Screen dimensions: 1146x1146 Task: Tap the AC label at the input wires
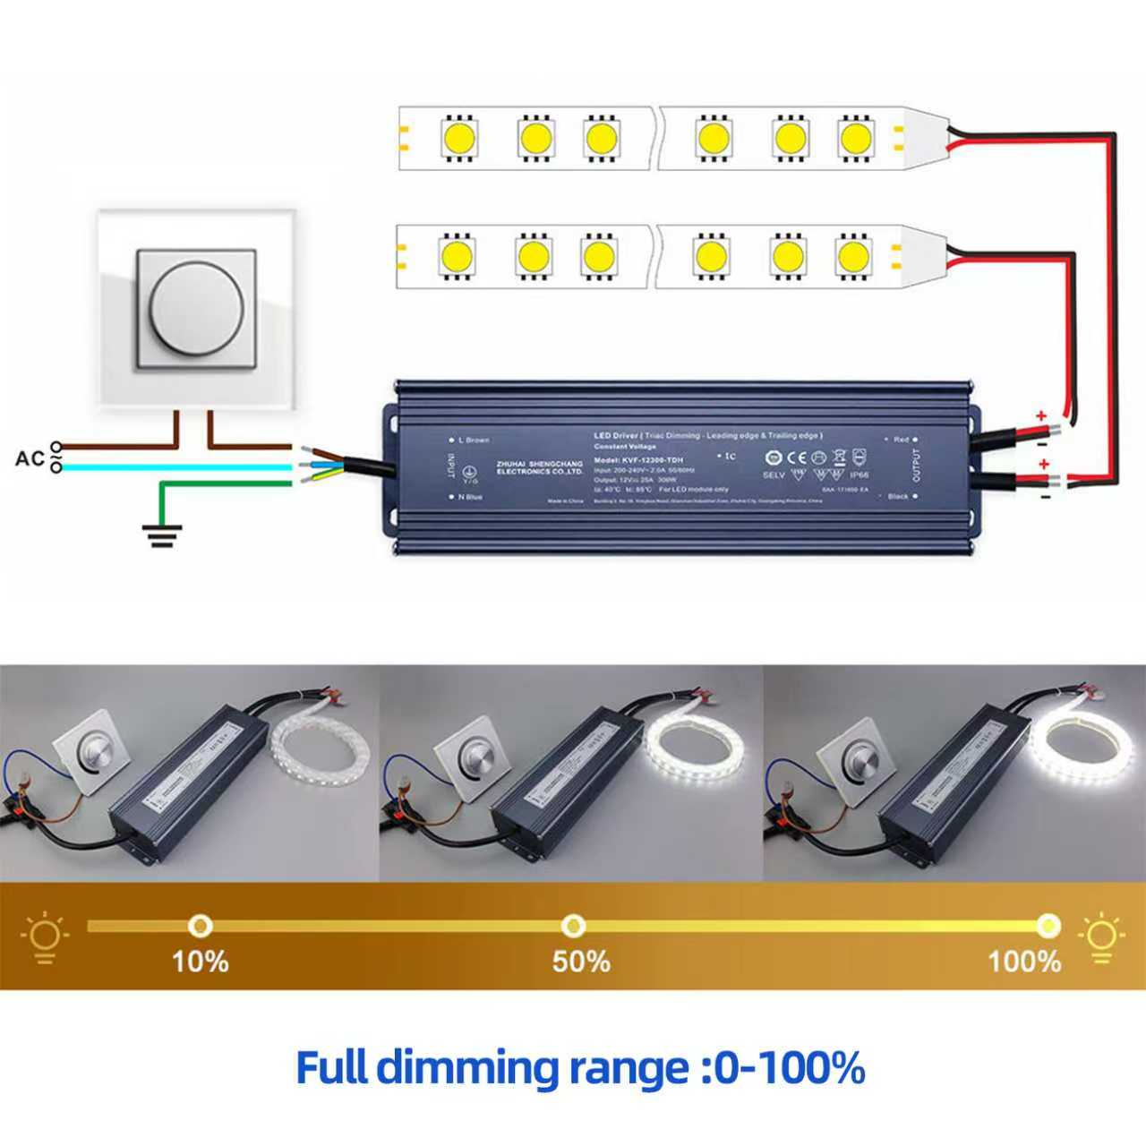click(x=30, y=458)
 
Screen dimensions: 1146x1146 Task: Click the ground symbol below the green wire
click(x=161, y=535)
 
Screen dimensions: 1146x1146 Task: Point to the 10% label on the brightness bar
click(x=200, y=962)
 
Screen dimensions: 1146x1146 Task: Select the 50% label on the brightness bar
click(x=581, y=962)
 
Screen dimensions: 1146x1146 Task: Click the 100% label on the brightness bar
click(x=1024, y=962)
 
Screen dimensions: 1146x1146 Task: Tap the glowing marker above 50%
click(x=573, y=925)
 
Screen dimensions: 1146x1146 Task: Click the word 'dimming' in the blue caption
click(x=471, y=1068)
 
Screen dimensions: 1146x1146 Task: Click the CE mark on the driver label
click(x=797, y=457)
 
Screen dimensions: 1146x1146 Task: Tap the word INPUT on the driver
click(x=451, y=467)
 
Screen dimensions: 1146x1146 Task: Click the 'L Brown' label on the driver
click(x=474, y=440)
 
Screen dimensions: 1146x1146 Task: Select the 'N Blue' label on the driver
click(x=469, y=496)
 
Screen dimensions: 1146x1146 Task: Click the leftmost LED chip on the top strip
click(x=458, y=137)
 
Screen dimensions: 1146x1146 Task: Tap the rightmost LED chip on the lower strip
click(x=852, y=256)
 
